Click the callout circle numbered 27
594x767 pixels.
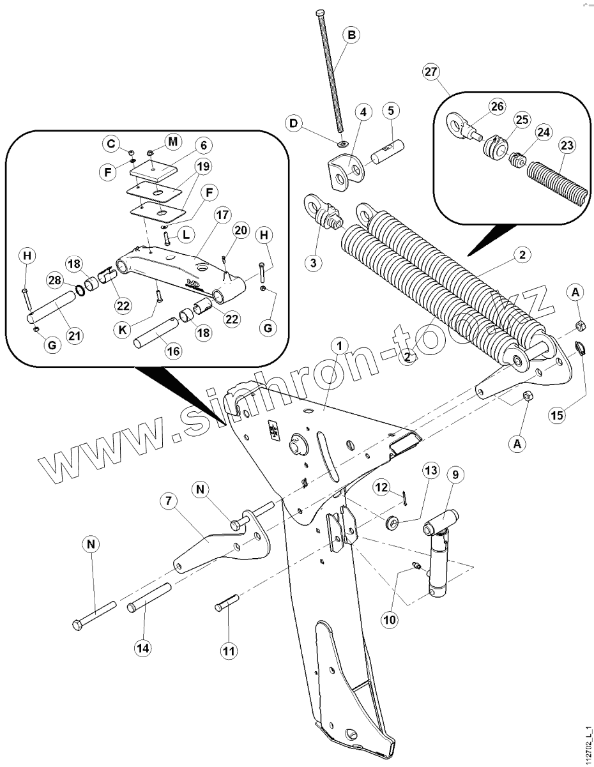point(430,72)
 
